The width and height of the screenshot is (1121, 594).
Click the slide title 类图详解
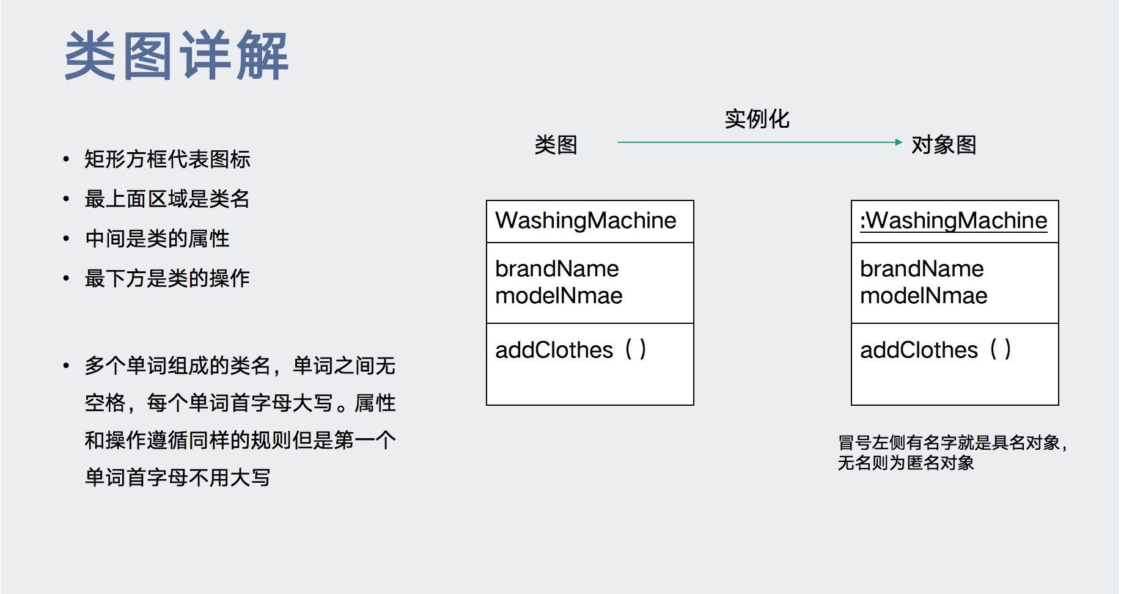tap(176, 56)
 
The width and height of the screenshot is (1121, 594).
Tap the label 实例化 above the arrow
tap(757, 119)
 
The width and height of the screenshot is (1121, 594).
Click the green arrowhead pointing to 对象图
tap(898, 142)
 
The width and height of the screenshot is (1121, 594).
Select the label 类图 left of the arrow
tap(556, 145)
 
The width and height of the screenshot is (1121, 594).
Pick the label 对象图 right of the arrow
tap(943, 145)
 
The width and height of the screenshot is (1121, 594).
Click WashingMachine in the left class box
tap(586, 221)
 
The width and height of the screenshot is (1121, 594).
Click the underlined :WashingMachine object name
tap(954, 221)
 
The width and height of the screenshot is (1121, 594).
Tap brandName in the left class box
tap(557, 269)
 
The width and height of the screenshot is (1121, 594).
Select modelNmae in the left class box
tap(559, 296)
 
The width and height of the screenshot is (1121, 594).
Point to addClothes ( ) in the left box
tap(571, 350)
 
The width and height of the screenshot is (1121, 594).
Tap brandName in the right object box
tap(922, 269)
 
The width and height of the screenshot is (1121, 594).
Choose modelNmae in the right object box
tap(924, 296)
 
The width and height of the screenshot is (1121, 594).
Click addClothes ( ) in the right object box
tap(936, 350)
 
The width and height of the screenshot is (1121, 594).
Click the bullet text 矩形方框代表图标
tap(167, 159)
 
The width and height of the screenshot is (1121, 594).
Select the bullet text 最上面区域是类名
tap(167, 199)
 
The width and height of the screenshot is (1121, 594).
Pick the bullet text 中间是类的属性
tap(157, 239)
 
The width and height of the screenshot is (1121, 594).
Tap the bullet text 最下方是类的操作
tap(167, 279)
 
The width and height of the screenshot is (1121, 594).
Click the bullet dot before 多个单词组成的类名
tap(66, 366)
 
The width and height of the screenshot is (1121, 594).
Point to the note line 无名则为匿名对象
tap(906, 463)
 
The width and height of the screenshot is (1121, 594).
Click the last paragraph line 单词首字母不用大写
tap(177, 477)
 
